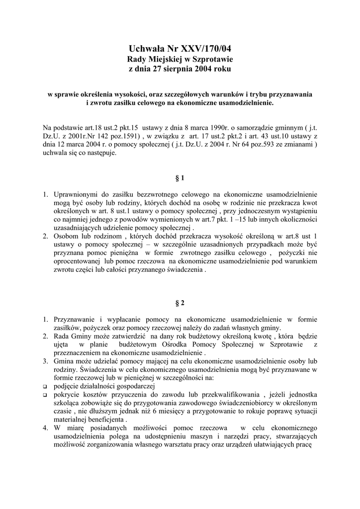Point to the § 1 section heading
point(180,177)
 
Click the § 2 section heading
point(180,302)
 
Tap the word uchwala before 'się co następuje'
point(55,153)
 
